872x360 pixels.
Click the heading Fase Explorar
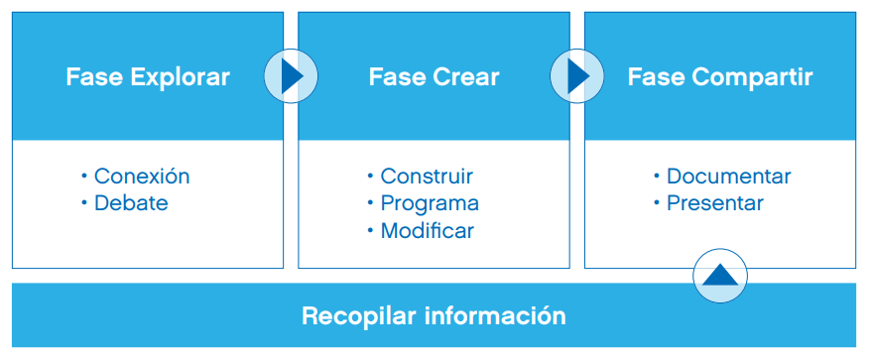(x=148, y=76)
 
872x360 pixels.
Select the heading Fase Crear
(x=434, y=76)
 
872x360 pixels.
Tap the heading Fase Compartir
(x=720, y=77)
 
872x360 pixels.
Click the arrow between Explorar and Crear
(x=291, y=76)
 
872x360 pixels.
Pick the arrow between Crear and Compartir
(x=577, y=76)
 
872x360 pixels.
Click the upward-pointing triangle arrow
(x=720, y=275)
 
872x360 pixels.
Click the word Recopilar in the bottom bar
(x=359, y=316)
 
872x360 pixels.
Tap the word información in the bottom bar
(x=495, y=315)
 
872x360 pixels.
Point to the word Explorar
(x=181, y=77)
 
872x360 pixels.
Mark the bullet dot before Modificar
(x=370, y=230)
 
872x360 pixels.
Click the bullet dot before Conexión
(x=84, y=177)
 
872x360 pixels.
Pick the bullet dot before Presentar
(x=656, y=202)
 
